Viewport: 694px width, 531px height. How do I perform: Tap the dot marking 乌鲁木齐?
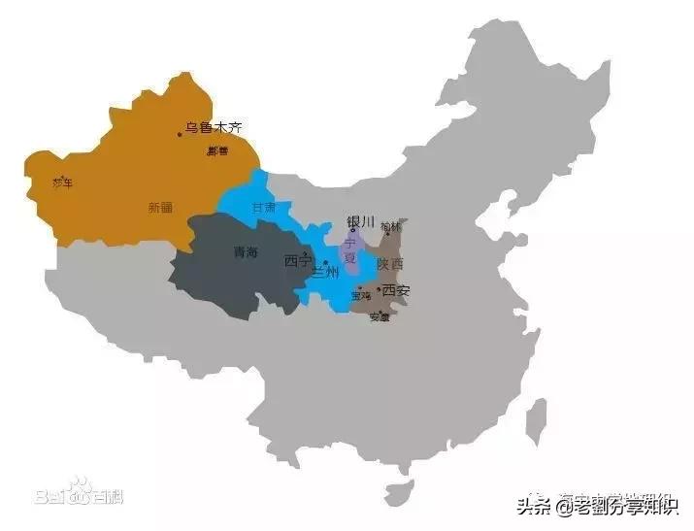pyautogui.click(x=180, y=134)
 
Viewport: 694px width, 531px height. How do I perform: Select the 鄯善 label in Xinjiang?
pyautogui.click(x=217, y=151)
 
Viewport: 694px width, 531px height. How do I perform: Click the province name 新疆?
pyautogui.click(x=160, y=207)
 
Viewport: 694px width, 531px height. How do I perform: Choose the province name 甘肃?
pyautogui.click(x=264, y=207)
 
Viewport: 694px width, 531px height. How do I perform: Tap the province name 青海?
pyautogui.click(x=246, y=252)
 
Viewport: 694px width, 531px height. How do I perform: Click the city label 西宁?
pyautogui.click(x=297, y=261)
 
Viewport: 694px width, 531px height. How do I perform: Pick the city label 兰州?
pyautogui.click(x=327, y=273)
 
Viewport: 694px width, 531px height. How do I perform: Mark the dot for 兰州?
pyautogui.click(x=327, y=263)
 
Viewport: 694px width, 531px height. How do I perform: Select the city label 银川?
pyautogui.click(x=360, y=221)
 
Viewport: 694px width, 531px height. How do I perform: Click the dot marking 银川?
pyautogui.click(x=352, y=230)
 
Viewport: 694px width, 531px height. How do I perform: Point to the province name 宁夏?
pyautogui.click(x=350, y=251)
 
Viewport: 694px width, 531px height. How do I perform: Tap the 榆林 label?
pyautogui.click(x=390, y=227)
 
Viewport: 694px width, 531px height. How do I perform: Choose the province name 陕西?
pyautogui.click(x=390, y=264)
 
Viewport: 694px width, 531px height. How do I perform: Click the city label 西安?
pyautogui.click(x=396, y=290)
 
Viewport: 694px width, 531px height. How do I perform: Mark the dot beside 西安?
pyautogui.click(x=379, y=289)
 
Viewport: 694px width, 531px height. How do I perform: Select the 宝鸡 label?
pyautogui.click(x=362, y=296)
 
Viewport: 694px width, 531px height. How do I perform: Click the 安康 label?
pyautogui.click(x=380, y=317)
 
